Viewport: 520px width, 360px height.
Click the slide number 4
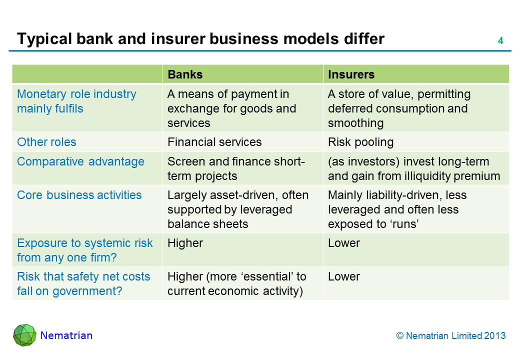(500, 41)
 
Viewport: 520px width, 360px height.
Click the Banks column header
(185, 74)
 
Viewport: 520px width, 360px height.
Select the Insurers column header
(351, 74)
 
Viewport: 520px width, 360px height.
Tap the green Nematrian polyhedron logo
(24, 335)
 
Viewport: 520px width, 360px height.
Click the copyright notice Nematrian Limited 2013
(451, 336)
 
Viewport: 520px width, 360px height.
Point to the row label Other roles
(46, 142)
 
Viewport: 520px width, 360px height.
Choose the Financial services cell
(214, 142)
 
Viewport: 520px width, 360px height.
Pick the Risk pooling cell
(361, 142)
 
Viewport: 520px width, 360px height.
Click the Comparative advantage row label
(80, 162)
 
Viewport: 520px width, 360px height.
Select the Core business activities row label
(79, 195)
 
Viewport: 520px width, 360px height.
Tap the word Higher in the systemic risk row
(185, 243)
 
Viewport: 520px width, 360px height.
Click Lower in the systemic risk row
(344, 243)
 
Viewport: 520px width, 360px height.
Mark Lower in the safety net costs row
(344, 277)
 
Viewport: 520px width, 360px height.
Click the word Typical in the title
(44, 39)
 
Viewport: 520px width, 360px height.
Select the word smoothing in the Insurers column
(356, 123)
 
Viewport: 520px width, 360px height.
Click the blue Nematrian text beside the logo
(66, 335)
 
